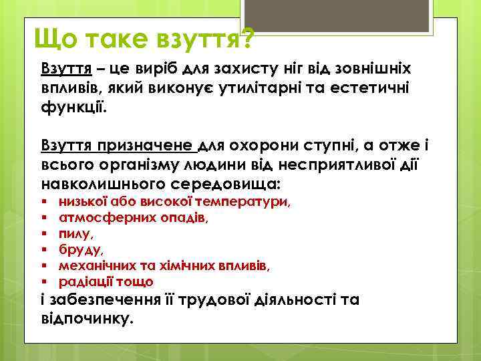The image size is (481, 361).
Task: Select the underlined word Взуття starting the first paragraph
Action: (63, 69)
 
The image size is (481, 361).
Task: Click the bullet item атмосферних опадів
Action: (134, 217)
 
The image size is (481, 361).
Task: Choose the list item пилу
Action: (75, 234)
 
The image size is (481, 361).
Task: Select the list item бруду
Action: (81, 250)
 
